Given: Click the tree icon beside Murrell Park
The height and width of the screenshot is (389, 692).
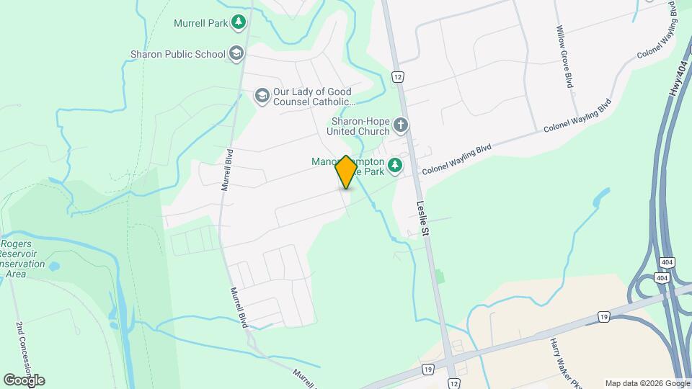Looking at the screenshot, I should click(x=239, y=23).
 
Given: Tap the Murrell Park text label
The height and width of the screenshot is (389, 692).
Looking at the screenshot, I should click(x=200, y=23).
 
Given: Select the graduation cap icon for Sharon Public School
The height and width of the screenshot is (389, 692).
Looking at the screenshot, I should click(x=236, y=53).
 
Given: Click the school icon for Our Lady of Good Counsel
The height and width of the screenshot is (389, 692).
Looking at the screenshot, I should click(x=262, y=96).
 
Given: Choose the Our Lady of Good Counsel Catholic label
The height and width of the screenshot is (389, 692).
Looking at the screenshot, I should click(x=312, y=97).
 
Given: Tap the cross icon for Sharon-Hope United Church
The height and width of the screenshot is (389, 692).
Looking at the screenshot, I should click(x=401, y=126).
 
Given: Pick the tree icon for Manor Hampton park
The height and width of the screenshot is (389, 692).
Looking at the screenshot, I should click(x=394, y=166).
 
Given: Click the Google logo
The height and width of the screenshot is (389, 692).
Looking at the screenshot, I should click(x=24, y=380).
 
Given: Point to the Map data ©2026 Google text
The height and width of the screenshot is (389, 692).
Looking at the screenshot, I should click(x=647, y=383).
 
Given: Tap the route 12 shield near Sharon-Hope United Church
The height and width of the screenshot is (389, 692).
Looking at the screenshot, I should click(x=397, y=76).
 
